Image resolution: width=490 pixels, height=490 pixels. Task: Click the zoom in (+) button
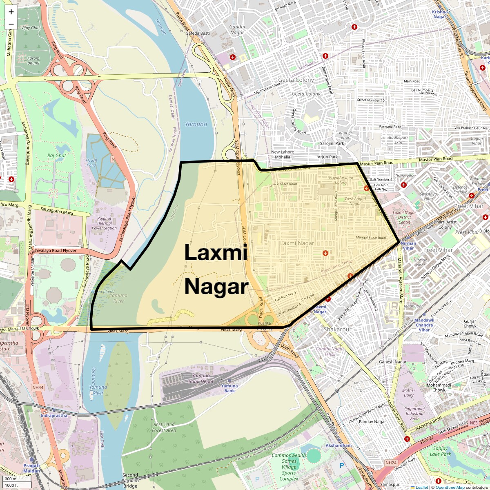tap(11, 12)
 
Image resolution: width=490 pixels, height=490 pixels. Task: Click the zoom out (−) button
tap(11, 24)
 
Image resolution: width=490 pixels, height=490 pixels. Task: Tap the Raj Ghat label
tap(56, 156)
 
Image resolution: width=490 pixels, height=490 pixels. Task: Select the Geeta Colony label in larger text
tap(296, 80)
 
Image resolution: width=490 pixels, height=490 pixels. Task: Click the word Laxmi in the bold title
tap(216, 252)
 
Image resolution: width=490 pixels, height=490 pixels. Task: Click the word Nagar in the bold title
tap(216, 287)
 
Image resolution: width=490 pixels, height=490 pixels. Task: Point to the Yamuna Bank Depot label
tap(201, 379)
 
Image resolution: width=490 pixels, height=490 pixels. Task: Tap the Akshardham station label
tap(339, 445)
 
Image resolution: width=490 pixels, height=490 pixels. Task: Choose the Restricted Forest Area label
tap(164, 427)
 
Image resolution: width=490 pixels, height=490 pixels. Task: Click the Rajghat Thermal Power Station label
tap(104, 223)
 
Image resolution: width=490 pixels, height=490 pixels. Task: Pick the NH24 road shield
tap(391, 463)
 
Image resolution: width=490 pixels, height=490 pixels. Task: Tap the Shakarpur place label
tap(337, 330)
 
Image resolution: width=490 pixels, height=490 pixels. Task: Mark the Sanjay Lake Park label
tap(441, 451)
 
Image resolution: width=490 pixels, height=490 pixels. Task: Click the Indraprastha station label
tap(53, 416)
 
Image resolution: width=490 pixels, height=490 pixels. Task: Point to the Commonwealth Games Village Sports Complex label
tap(289, 467)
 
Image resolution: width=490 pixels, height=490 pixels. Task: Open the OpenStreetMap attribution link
tap(450, 487)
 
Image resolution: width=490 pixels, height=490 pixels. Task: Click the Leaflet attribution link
tap(421, 487)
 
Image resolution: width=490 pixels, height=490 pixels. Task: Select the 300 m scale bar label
tap(11, 479)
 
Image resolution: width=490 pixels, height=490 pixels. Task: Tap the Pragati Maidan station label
tap(31, 468)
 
